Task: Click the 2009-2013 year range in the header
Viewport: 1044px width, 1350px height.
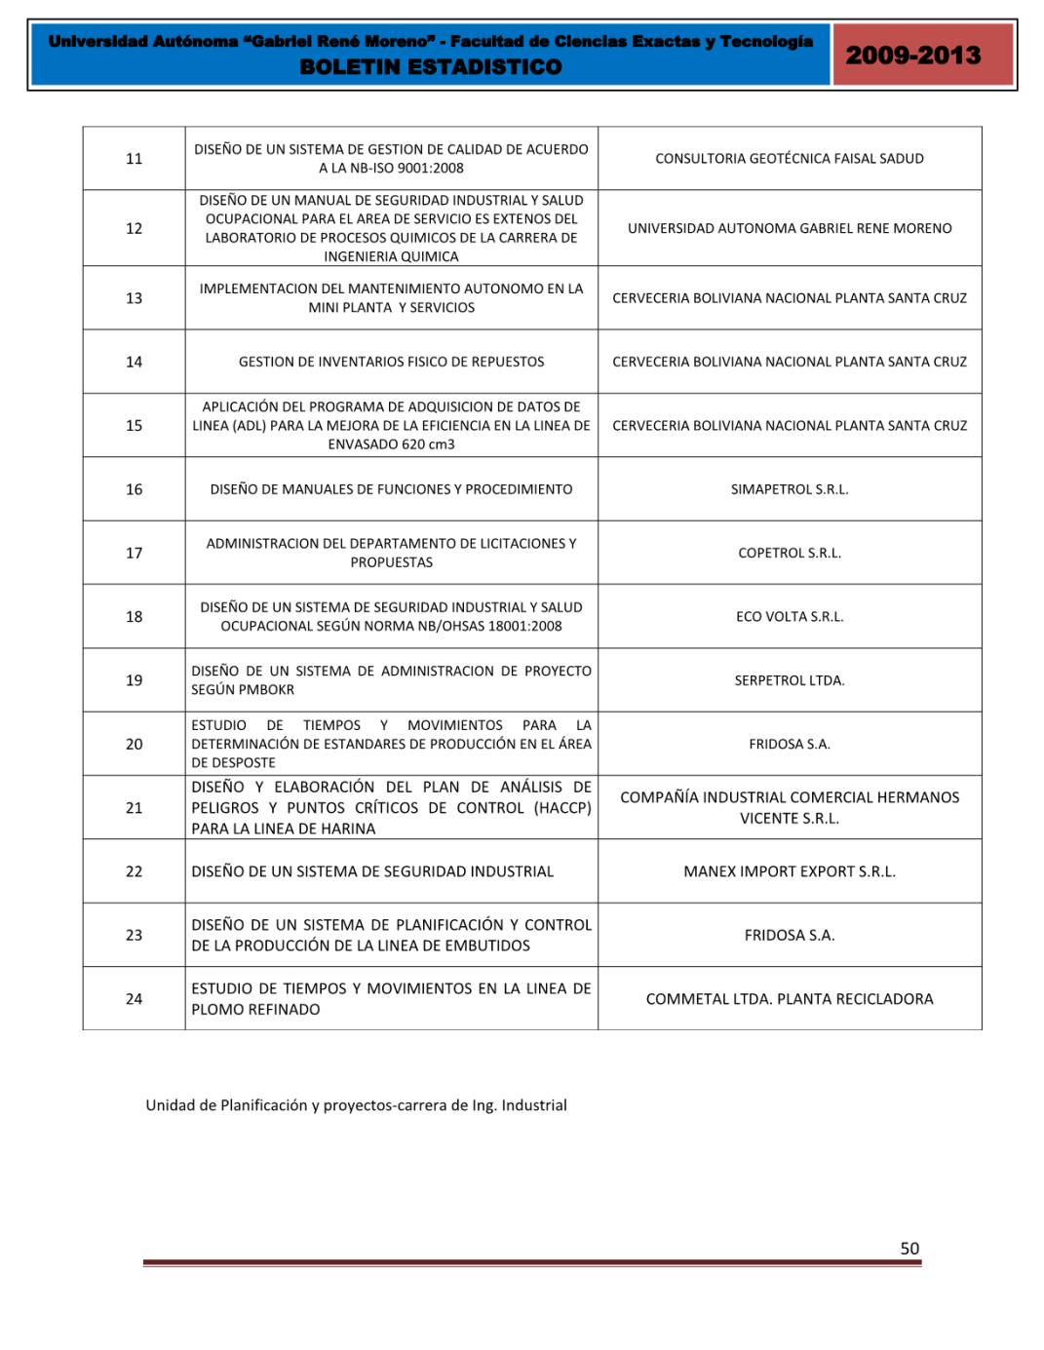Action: pyautogui.click(x=912, y=55)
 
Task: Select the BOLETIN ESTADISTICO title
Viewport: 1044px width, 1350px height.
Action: pyautogui.click(x=431, y=67)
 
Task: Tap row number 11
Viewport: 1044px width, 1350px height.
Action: pyautogui.click(x=135, y=159)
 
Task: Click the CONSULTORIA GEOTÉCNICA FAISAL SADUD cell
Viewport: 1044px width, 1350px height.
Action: pyautogui.click(x=790, y=159)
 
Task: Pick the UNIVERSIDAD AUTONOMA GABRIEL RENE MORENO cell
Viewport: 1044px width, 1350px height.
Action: pyautogui.click(x=790, y=228)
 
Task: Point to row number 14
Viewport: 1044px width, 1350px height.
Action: pyautogui.click(x=135, y=362)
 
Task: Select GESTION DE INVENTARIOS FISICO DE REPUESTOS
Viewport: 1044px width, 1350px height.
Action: pyautogui.click(x=391, y=362)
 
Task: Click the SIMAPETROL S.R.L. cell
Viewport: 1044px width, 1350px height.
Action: pyautogui.click(x=790, y=489)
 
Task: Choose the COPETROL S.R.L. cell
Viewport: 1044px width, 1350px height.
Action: pyautogui.click(x=790, y=553)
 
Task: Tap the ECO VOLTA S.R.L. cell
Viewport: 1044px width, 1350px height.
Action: pyautogui.click(x=790, y=616)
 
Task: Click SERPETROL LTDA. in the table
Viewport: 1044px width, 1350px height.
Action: pyautogui.click(x=790, y=680)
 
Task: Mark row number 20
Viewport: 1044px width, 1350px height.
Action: pyautogui.click(x=135, y=744)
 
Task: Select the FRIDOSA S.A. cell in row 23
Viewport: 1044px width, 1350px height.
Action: pyautogui.click(x=790, y=935)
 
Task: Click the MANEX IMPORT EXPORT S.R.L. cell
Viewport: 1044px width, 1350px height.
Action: pyautogui.click(x=790, y=871)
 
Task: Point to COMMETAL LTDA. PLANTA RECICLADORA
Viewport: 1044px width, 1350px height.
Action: pyautogui.click(x=790, y=999)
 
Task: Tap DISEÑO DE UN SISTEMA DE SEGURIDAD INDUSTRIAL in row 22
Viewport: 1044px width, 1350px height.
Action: pyautogui.click(x=372, y=871)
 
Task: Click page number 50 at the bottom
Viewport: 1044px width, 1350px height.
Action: pyautogui.click(x=909, y=1249)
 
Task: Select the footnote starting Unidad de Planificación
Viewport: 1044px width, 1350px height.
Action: pyautogui.click(x=356, y=1105)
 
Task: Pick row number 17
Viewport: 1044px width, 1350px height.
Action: pyautogui.click(x=135, y=553)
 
